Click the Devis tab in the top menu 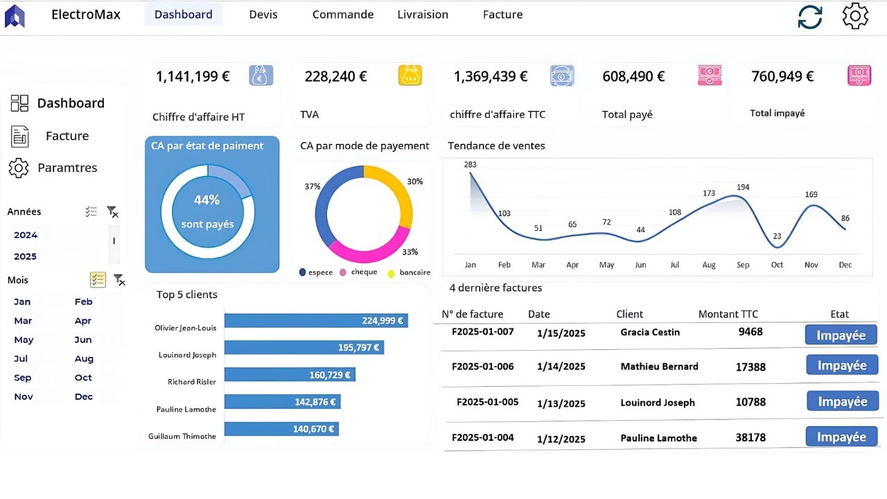pyautogui.click(x=263, y=15)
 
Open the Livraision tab pyautogui.click(x=423, y=15)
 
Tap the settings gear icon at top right pyautogui.click(x=855, y=16)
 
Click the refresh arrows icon pyautogui.click(x=809, y=17)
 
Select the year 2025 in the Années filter pyautogui.click(x=26, y=256)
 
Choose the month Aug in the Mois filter pyautogui.click(x=84, y=359)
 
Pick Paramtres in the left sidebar pyautogui.click(x=67, y=168)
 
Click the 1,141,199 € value pyautogui.click(x=193, y=76)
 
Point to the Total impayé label pyautogui.click(x=777, y=113)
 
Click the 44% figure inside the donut pyautogui.click(x=207, y=200)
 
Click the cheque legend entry pyautogui.click(x=364, y=272)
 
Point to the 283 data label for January pyautogui.click(x=471, y=164)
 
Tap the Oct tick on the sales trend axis pyautogui.click(x=777, y=265)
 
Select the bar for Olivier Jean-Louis pyautogui.click(x=315, y=321)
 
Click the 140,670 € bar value pyautogui.click(x=314, y=429)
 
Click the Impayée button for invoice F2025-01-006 pyautogui.click(x=841, y=365)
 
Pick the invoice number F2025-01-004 pyautogui.click(x=483, y=437)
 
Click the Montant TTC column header pyautogui.click(x=728, y=314)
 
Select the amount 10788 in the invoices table pyautogui.click(x=750, y=402)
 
